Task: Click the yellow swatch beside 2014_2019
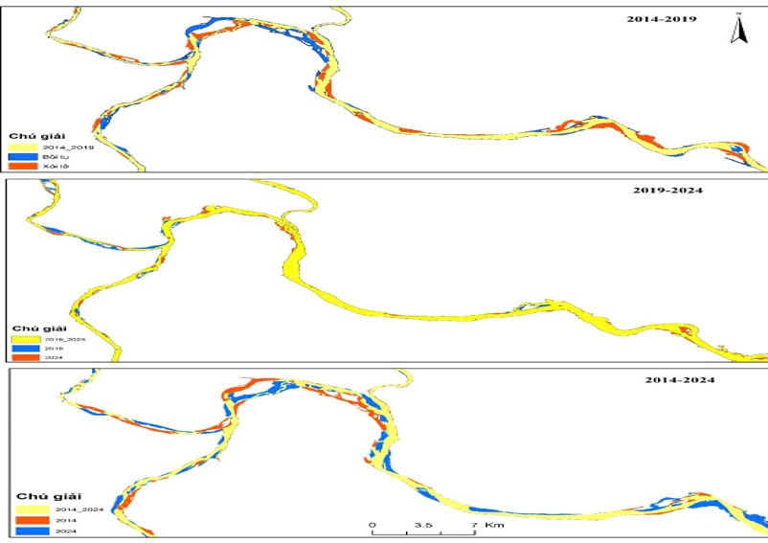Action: pos(22,147)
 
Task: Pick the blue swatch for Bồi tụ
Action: pos(22,156)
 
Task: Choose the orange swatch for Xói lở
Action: pos(22,167)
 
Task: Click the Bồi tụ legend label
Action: pos(53,156)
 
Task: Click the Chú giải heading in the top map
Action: pos(33,135)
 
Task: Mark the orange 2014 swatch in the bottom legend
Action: pos(32,520)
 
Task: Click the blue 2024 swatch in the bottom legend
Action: pos(32,531)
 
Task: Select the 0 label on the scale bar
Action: pos(372,526)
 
